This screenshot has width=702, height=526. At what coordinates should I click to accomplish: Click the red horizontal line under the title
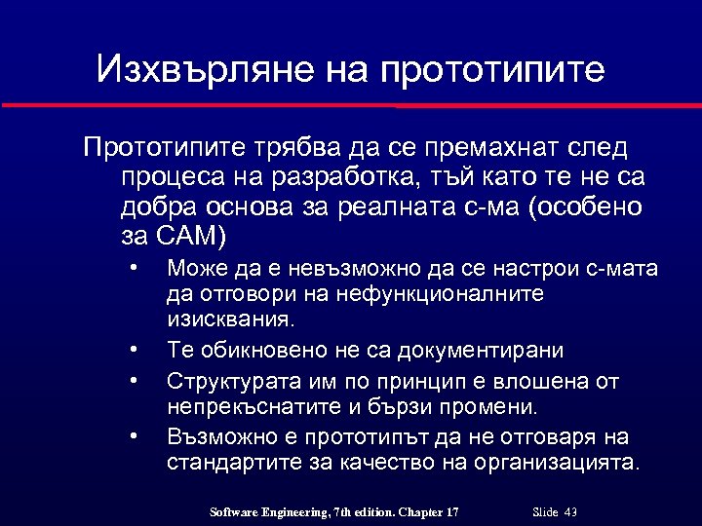pos(351,104)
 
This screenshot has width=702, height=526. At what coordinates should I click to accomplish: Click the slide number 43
pos(571,512)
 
